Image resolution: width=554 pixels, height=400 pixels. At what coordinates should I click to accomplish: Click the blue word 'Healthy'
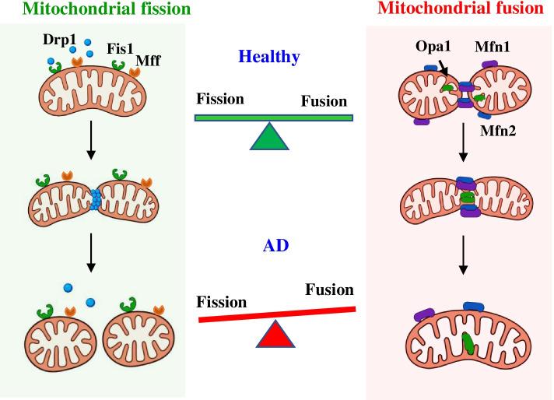pyautogui.click(x=271, y=57)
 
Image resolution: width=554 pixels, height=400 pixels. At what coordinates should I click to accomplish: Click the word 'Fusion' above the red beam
pyautogui.click(x=329, y=290)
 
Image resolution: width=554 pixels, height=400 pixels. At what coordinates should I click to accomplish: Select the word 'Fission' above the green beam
pyautogui.click(x=221, y=100)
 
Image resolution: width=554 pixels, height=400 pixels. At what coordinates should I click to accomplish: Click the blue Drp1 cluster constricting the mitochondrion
pyautogui.click(x=96, y=200)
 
